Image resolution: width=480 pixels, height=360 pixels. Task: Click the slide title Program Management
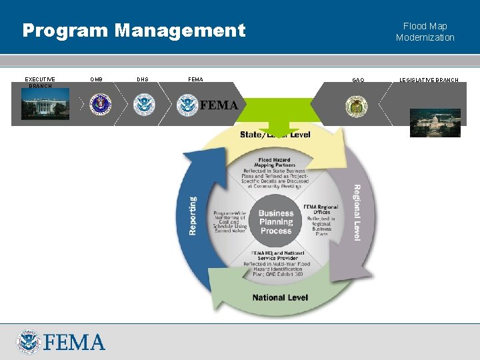[134, 31]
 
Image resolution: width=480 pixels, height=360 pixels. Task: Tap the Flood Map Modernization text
[425, 32]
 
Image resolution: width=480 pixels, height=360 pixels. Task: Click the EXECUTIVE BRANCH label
[40, 83]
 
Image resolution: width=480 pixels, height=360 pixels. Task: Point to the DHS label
[143, 80]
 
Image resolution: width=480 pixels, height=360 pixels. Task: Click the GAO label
[358, 80]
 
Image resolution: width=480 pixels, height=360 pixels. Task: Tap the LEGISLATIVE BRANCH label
[429, 80]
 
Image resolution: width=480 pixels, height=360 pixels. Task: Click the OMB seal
[101, 105]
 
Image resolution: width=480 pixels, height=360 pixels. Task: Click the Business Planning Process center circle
[276, 222]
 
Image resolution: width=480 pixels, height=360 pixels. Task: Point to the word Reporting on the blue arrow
[193, 215]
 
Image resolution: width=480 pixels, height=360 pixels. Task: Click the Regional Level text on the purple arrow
[357, 213]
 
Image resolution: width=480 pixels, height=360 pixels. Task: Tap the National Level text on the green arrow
[280, 297]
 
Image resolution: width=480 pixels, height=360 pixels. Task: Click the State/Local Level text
[275, 135]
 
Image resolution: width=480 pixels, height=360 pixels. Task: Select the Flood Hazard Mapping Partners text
[275, 164]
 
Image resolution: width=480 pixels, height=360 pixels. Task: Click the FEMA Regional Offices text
[321, 210]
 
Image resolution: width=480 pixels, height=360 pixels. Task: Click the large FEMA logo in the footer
[61, 341]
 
